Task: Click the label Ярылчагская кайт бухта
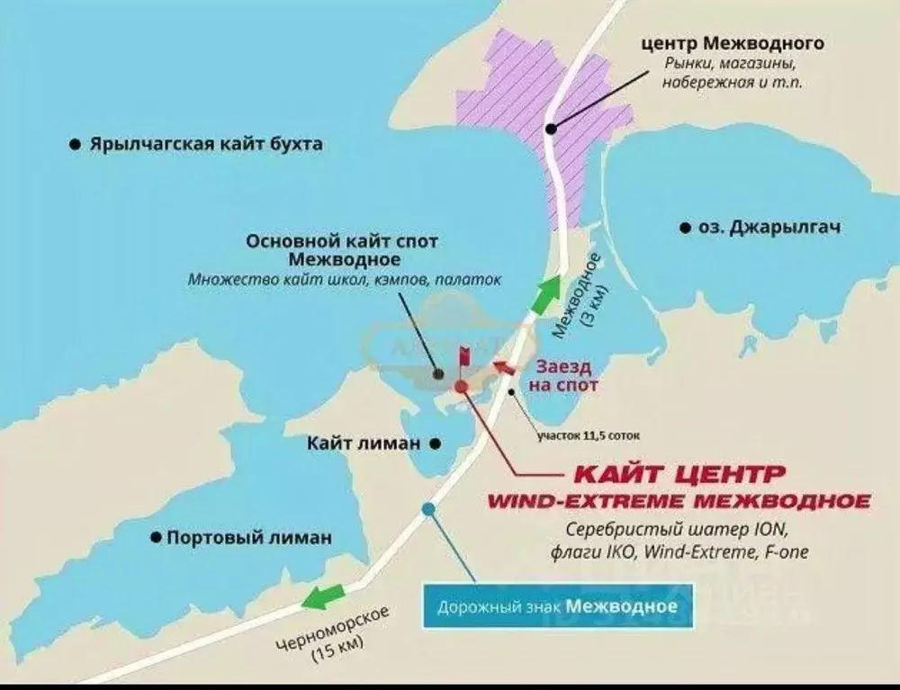point(205,145)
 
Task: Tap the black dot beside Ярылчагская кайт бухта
point(74,144)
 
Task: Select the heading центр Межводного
point(732,43)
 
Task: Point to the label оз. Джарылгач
point(769,228)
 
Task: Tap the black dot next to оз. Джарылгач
point(686,227)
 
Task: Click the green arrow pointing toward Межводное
point(544,295)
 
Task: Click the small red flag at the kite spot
point(465,357)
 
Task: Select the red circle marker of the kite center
point(461,386)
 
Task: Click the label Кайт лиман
point(364,443)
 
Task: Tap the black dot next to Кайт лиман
point(435,443)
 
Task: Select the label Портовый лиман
point(249,538)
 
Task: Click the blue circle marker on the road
point(428,509)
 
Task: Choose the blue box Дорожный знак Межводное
point(558,606)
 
